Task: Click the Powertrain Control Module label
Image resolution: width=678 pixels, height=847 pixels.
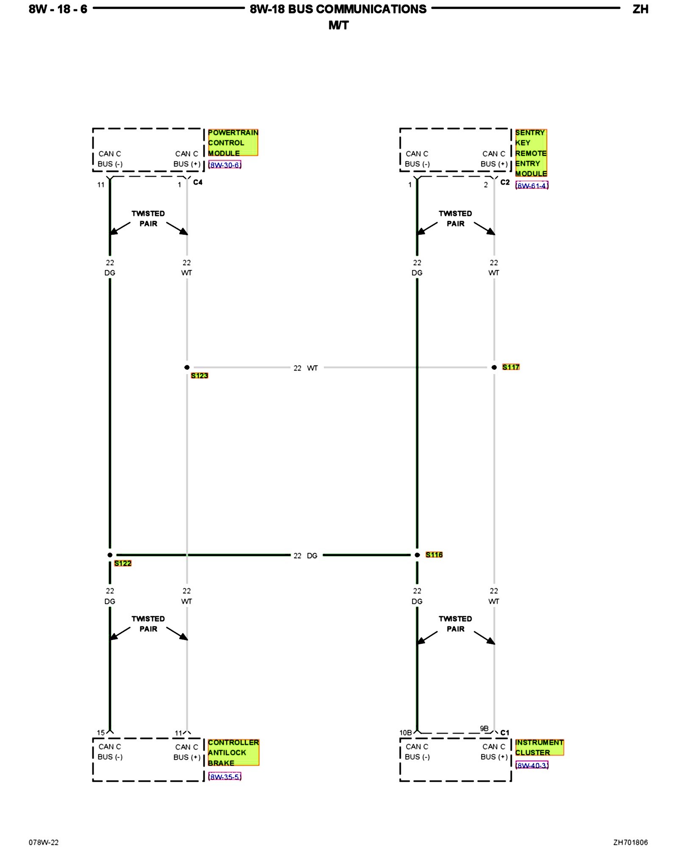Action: (x=233, y=143)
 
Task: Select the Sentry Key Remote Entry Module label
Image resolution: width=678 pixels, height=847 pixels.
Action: (x=531, y=153)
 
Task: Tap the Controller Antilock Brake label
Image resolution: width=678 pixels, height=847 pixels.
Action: (x=233, y=753)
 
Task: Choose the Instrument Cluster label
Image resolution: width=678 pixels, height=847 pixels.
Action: (x=539, y=747)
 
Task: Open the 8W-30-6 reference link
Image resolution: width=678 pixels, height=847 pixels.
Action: (x=225, y=165)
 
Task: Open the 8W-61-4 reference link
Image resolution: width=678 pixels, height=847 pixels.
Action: (x=532, y=185)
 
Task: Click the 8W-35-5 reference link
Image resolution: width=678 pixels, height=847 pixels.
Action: (x=225, y=777)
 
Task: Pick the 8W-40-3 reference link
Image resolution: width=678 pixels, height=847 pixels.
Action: (x=532, y=765)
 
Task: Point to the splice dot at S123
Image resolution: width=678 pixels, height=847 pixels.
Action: (x=187, y=367)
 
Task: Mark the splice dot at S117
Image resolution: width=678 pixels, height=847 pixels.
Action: (x=494, y=367)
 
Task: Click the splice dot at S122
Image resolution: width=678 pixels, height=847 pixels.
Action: (x=110, y=555)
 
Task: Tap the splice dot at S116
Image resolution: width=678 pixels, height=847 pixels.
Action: (x=417, y=555)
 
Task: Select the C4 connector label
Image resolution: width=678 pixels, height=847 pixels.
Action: (x=197, y=182)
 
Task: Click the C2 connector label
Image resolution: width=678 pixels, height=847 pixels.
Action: (x=505, y=182)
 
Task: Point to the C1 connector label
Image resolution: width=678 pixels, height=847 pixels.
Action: (x=505, y=733)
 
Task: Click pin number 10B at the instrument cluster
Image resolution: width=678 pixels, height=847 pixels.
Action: (x=405, y=733)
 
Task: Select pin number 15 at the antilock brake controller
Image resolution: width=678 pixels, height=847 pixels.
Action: (x=100, y=733)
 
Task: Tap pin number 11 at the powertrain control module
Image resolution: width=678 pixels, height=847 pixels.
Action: (x=100, y=185)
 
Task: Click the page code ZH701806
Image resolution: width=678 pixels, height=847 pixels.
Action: (x=630, y=842)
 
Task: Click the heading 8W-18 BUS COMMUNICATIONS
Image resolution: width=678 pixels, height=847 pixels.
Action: (x=338, y=9)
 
